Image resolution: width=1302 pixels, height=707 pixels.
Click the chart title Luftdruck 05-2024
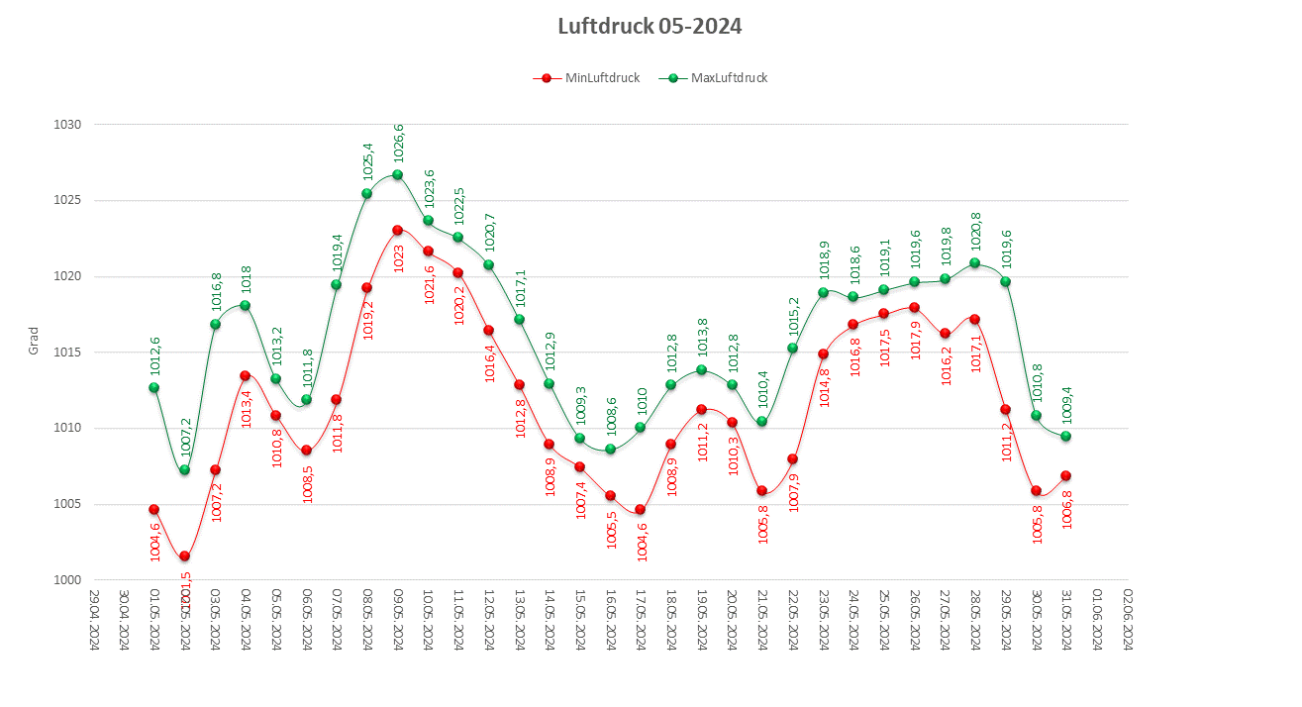click(x=650, y=27)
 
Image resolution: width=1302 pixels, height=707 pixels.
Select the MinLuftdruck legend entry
click(x=591, y=78)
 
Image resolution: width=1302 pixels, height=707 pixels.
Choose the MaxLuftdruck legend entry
click(x=718, y=78)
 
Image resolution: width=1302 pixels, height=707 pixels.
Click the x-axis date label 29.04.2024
click(x=94, y=619)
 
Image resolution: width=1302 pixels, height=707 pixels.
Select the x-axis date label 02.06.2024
click(x=1127, y=619)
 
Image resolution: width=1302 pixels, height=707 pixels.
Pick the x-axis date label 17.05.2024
click(x=641, y=619)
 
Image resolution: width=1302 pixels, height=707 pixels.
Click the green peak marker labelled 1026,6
click(x=397, y=175)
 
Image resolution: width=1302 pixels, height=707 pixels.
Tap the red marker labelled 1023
click(x=397, y=230)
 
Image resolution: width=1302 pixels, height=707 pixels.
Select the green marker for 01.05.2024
click(x=153, y=387)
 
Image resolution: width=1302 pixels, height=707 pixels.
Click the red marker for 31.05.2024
click(x=1065, y=475)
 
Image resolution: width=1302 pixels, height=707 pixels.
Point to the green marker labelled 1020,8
click(x=974, y=262)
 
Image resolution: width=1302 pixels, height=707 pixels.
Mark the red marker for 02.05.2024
click(x=184, y=555)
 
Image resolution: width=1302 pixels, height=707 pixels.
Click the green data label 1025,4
click(x=367, y=160)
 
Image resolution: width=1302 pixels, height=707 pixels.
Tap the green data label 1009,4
click(x=1066, y=404)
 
